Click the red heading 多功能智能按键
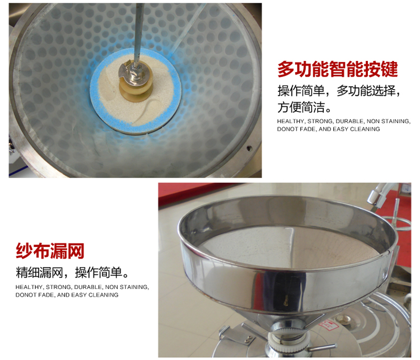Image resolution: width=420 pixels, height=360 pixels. pyautogui.click(x=338, y=69)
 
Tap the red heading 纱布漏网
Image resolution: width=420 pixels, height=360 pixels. pyautogui.click(x=50, y=251)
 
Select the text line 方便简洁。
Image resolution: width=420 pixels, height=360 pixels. pyautogui.click(x=304, y=107)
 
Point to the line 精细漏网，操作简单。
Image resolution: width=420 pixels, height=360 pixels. pyautogui.click(x=72, y=273)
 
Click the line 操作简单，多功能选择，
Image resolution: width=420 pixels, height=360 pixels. pyautogui.click(x=339, y=91)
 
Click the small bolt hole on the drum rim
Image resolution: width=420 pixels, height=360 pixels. pyautogui.click(x=249, y=148)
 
